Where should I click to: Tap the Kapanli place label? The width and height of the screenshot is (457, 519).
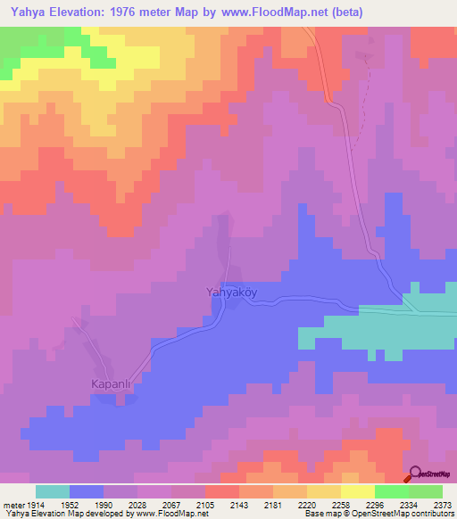point(112,384)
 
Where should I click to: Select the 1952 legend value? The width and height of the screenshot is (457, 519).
point(70,504)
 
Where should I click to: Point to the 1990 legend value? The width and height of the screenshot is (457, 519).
point(104,504)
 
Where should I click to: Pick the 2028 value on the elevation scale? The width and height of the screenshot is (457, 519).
point(137,504)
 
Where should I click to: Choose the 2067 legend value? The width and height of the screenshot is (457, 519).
point(171,504)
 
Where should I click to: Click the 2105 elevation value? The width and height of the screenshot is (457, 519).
point(205,504)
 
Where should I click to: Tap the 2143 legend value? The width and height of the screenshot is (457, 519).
point(239,504)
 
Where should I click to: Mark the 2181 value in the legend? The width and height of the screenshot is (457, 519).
point(273,504)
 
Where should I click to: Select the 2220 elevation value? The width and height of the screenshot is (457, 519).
point(307,504)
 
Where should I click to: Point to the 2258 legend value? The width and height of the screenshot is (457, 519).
point(341,504)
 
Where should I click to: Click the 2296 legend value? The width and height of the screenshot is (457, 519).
point(375,504)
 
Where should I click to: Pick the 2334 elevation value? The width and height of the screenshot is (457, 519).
point(409,504)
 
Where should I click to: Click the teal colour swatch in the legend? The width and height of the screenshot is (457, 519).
point(53,491)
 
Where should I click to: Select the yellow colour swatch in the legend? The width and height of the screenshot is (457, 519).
point(358,491)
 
